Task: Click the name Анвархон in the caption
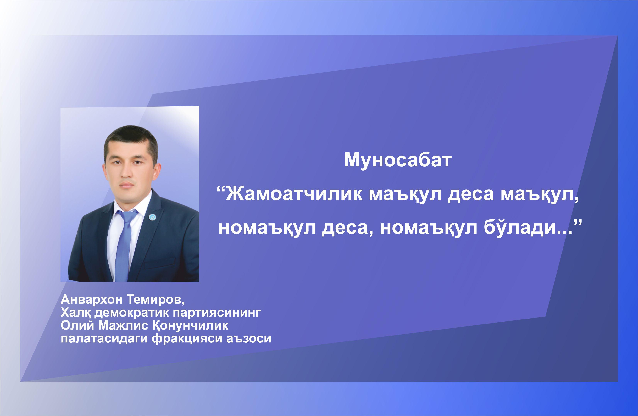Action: [x=92, y=300]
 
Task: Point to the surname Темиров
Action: [x=155, y=300]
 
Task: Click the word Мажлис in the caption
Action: [x=123, y=325]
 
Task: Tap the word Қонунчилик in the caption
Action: [x=190, y=325]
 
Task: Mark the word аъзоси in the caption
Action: [x=249, y=338]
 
